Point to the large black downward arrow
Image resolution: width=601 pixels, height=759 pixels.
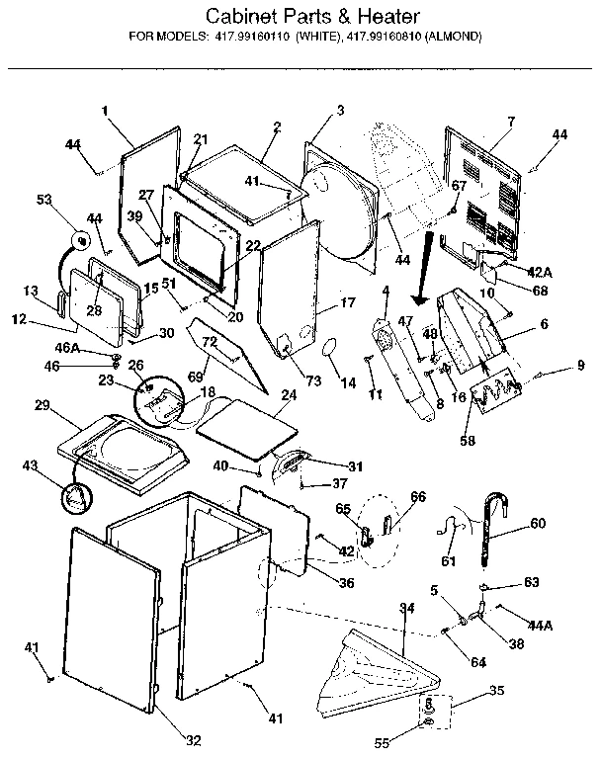424,268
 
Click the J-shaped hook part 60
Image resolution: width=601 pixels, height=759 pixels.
491,534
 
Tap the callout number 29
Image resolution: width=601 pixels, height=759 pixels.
42,407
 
